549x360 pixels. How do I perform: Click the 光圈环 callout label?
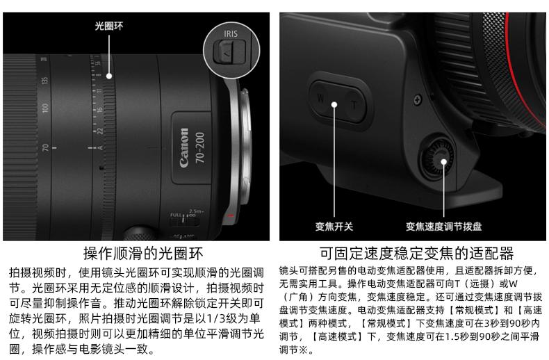click(x=109, y=26)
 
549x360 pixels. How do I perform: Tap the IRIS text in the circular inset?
click(x=231, y=33)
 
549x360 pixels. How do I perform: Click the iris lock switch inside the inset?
click(x=229, y=52)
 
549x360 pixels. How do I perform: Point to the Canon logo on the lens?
click(x=184, y=147)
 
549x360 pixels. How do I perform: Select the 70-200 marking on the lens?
click(x=200, y=147)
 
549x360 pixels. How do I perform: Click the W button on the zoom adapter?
click(x=321, y=98)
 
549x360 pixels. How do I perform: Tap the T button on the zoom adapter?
click(x=354, y=105)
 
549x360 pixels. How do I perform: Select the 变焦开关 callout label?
click(x=334, y=227)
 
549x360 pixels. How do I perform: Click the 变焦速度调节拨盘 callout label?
click(x=443, y=227)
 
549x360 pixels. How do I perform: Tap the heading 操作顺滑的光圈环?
click(x=143, y=253)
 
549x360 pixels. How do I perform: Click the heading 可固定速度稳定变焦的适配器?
click(x=417, y=253)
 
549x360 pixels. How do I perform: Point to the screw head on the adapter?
click(x=417, y=100)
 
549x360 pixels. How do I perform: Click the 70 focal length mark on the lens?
click(x=45, y=148)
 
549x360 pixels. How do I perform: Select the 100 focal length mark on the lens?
click(x=45, y=108)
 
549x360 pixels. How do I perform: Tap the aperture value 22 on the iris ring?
click(x=100, y=131)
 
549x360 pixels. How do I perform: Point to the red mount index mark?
click(x=230, y=215)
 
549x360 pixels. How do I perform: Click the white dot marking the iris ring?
click(x=109, y=76)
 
